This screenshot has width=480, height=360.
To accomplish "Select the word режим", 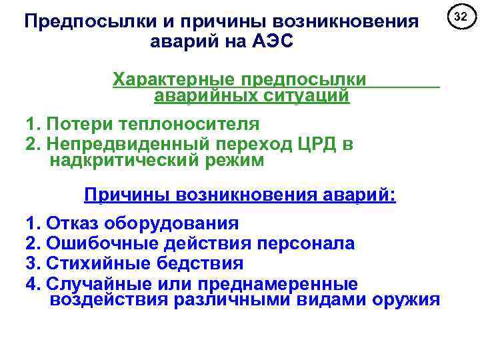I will (237, 161).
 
